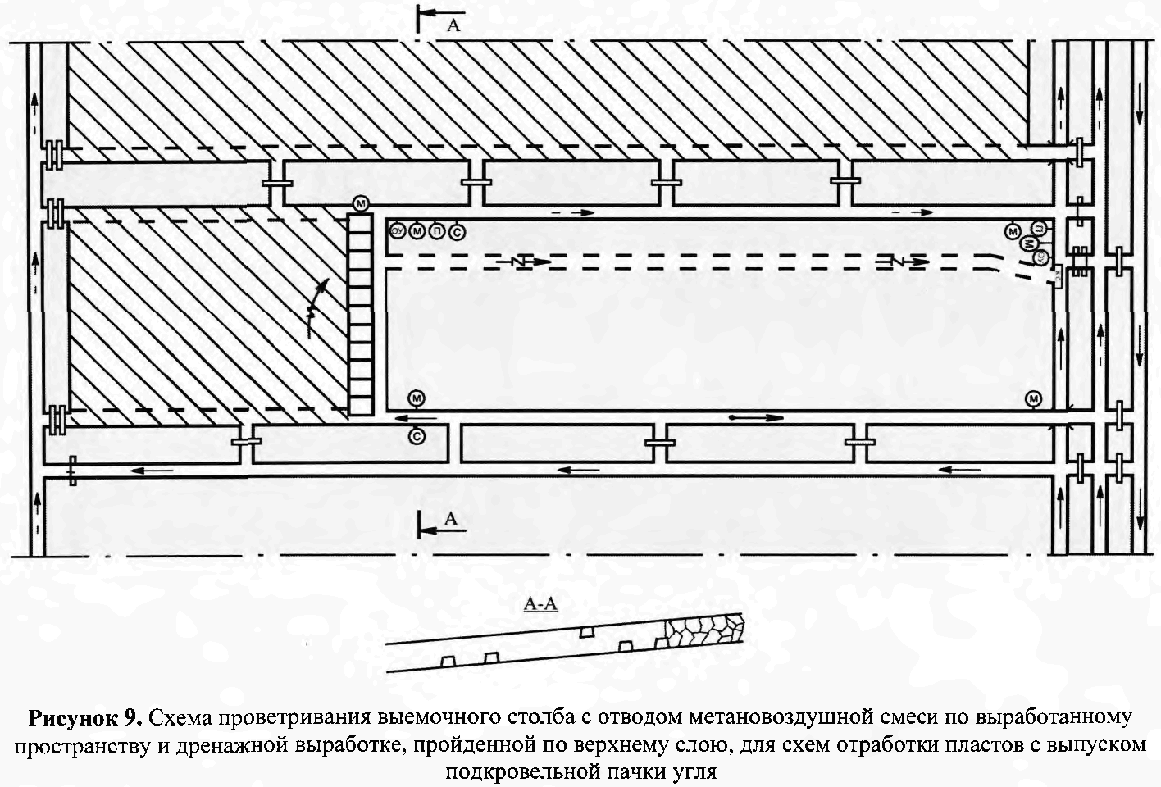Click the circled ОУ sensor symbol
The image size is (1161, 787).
point(397,230)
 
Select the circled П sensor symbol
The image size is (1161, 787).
point(438,231)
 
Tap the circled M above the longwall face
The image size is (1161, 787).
point(359,203)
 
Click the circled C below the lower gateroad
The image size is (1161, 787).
point(417,437)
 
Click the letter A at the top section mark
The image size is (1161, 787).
point(453,25)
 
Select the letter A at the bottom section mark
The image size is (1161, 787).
point(449,520)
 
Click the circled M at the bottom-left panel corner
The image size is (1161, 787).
point(417,399)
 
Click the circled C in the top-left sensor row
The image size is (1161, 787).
point(458,232)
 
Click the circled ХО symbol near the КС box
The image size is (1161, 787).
point(1040,257)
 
